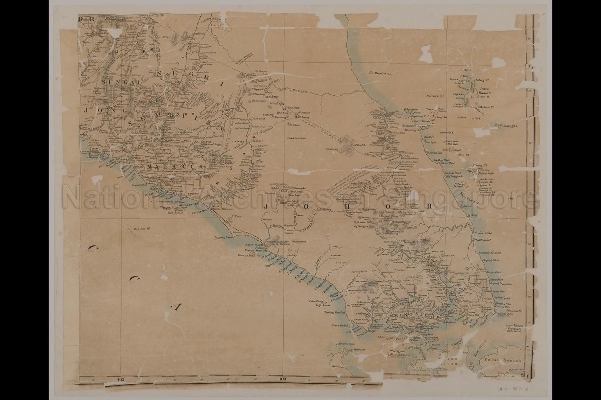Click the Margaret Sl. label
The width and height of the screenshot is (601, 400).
(383, 73)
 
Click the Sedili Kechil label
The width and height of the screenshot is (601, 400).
(483, 239)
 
